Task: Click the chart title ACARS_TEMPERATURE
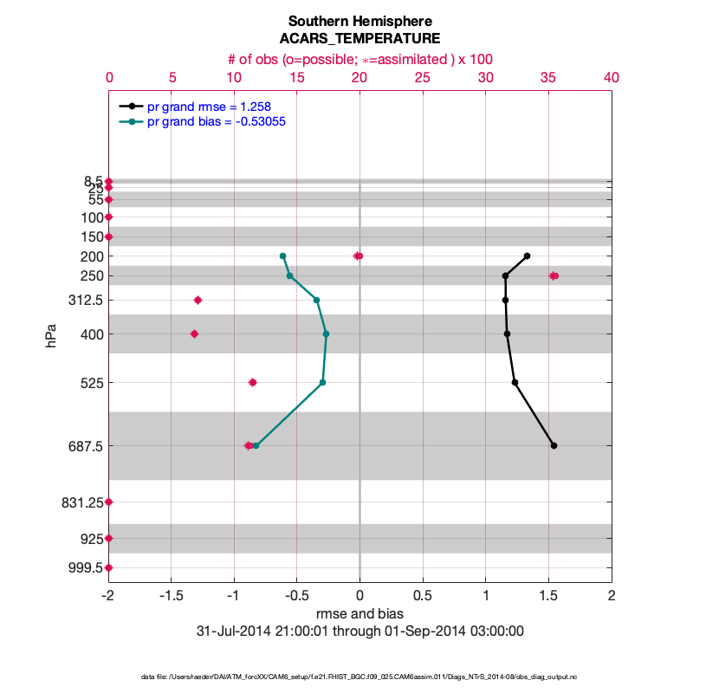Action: click(x=359, y=38)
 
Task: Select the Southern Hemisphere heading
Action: click(x=359, y=20)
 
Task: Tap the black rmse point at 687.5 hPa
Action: click(x=554, y=445)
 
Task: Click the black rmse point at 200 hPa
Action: click(x=527, y=256)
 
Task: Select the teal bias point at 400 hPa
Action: click(x=326, y=334)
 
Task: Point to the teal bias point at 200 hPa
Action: click(x=282, y=256)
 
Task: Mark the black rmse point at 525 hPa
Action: click(x=515, y=382)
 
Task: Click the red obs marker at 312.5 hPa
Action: click(x=198, y=300)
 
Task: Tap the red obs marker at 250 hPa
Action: click(x=554, y=275)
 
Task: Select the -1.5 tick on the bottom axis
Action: click(x=172, y=596)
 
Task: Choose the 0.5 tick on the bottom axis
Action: click(x=423, y=596)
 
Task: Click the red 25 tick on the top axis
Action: click(x=423, y=77)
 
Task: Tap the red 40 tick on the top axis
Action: click(x=611, y=77)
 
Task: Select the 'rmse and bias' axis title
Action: click(x=359, y=614)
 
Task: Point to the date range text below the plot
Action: click(x=359, y=631)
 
